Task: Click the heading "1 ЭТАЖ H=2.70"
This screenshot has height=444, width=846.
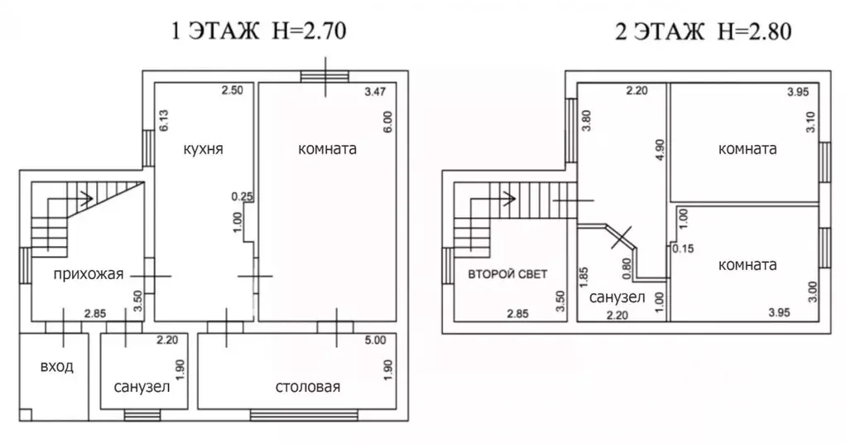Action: (x=258, y=31)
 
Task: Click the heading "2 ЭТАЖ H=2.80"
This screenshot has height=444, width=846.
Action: (x=703, y=31)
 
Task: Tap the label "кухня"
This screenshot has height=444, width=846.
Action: (x=204, y=149)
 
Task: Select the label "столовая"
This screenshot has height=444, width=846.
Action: (x=308, y=387)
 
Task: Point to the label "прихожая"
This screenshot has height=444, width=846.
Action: (x=89, y=274)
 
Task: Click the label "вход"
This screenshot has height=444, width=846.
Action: (x=56, y=367)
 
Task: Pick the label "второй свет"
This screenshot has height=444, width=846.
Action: (x=507, y=274)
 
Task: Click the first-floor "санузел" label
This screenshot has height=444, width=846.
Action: (x=142, y=387)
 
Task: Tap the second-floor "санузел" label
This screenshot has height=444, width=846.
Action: (x=618, y=297)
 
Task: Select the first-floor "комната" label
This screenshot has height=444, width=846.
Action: (x=328, y=149)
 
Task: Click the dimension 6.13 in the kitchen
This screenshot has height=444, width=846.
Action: (x=164, y=120)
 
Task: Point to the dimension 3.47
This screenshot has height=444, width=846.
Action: (x=375, y=92)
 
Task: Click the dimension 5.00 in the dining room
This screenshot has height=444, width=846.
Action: (x=376, y=340)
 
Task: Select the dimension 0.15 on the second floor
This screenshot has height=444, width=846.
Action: (x=683, y=249)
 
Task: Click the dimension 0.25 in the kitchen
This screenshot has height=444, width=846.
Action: (x=243, y=196)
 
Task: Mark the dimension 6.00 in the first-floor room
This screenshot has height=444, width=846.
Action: (x=388, y=122)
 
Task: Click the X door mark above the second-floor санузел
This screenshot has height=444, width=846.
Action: (x=622, y=237)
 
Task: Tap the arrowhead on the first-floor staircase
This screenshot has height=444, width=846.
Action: (x=86, y=200)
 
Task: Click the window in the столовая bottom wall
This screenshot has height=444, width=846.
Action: (x=305, y=415)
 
